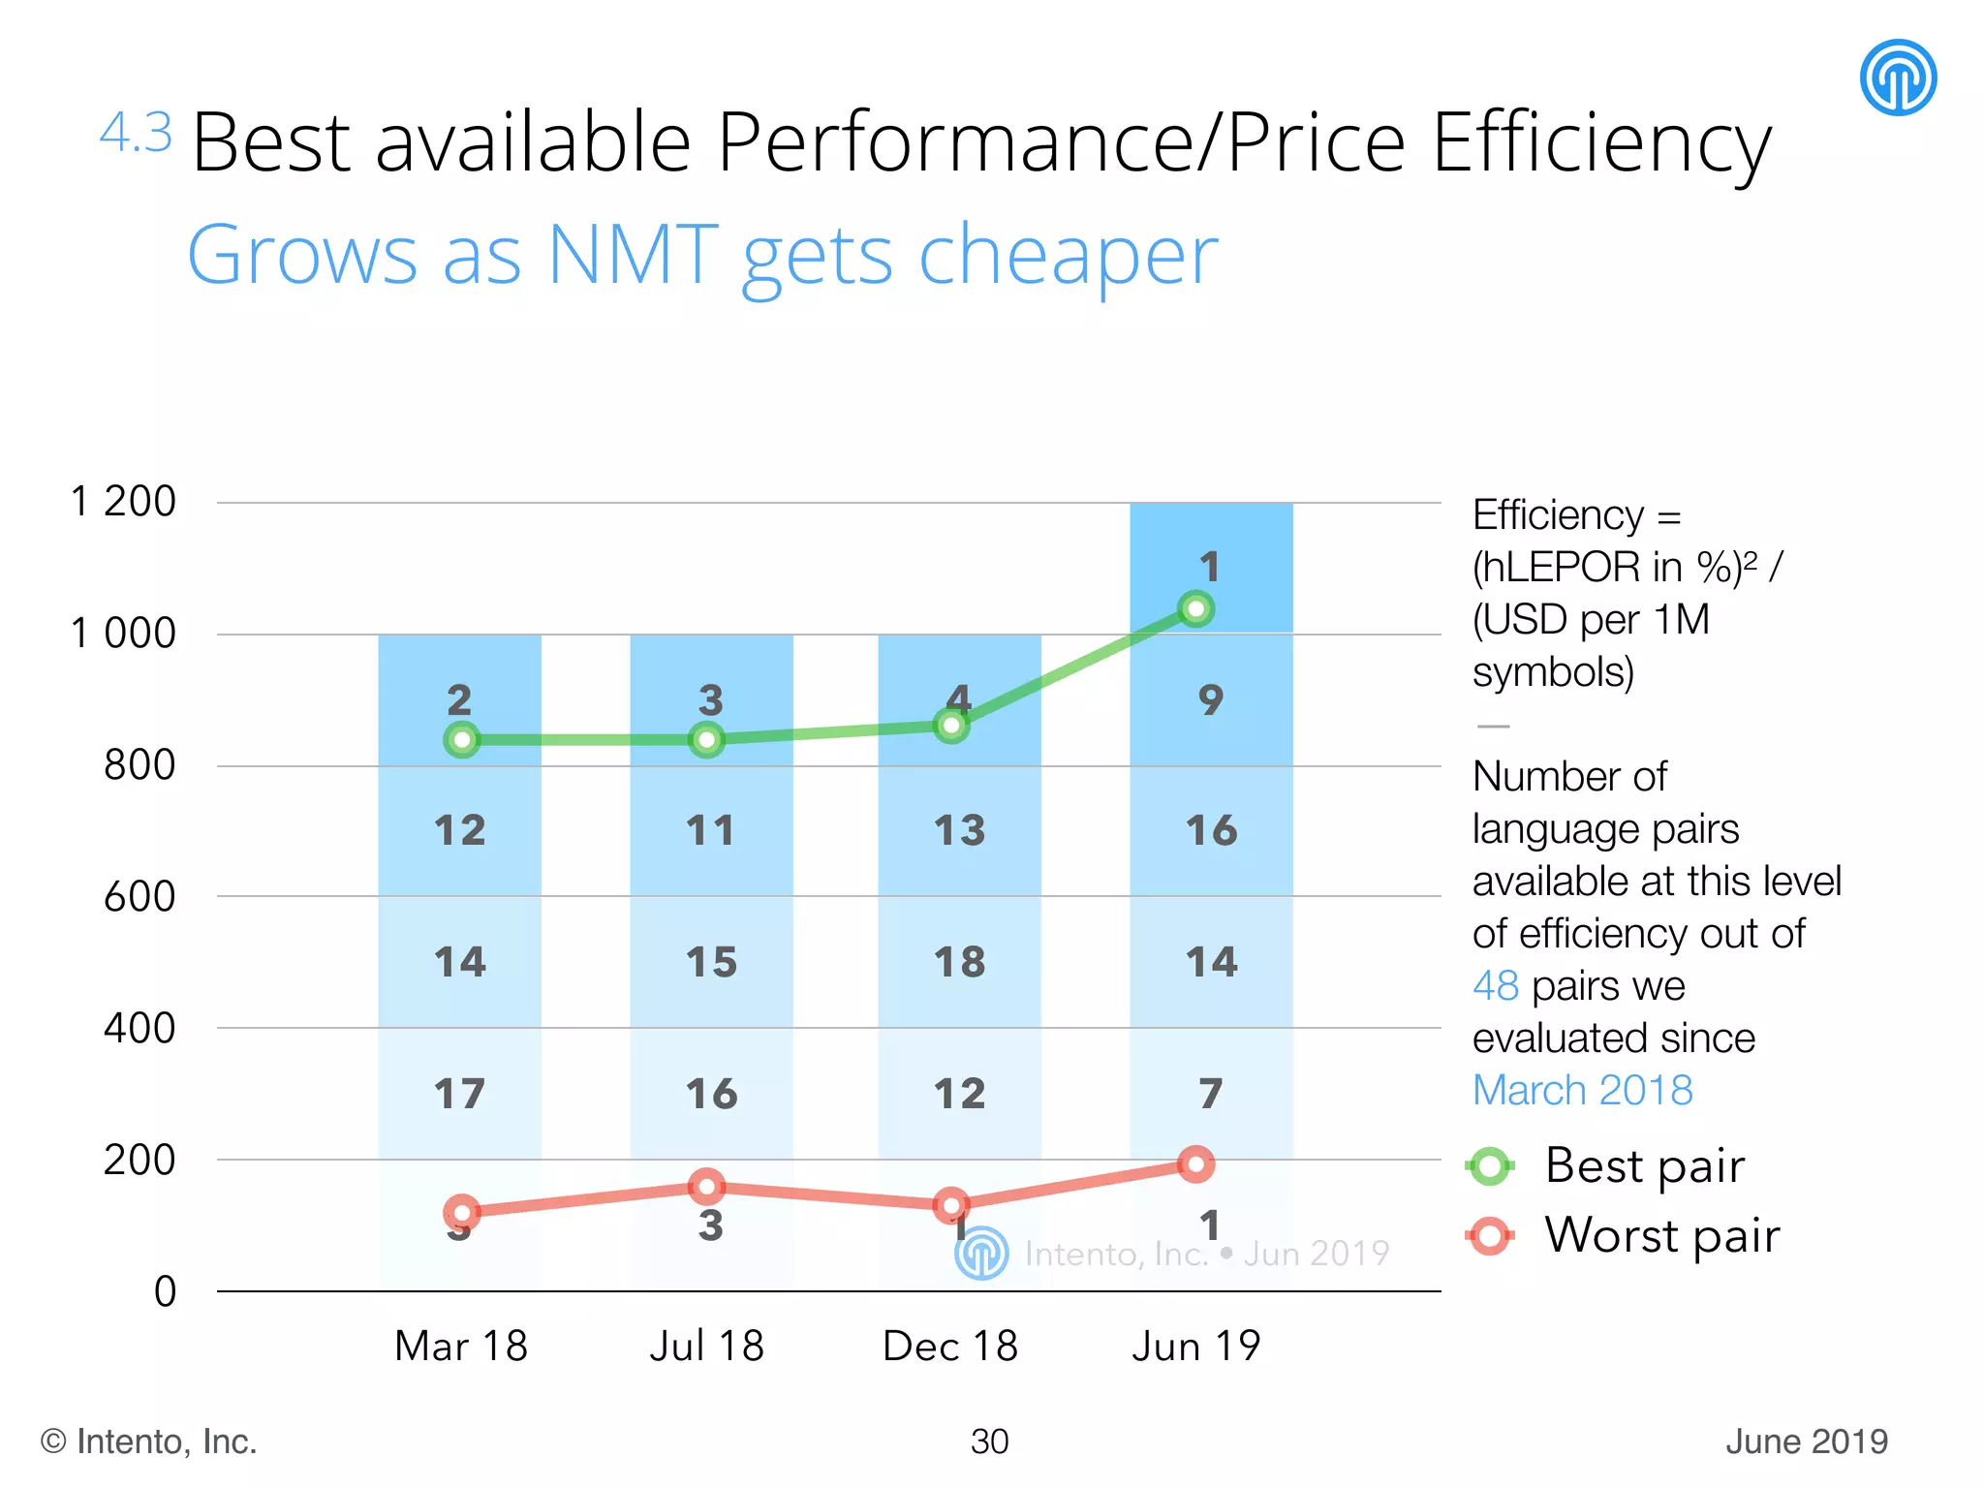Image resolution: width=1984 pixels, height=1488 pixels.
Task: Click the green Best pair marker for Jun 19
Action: pyautogui.click(x=1195, y=609)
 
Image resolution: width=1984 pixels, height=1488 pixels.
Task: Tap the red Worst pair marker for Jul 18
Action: pyautogui.click(x=706, y=1186)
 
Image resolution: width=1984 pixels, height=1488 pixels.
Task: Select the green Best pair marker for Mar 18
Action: pyautogui.click(x=462, y=740)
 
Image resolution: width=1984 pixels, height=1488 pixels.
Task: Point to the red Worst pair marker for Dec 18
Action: pyautogui.click(x=951, y=1206)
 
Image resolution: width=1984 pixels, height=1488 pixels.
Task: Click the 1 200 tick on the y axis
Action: pyautogui.click(x=123, y=502)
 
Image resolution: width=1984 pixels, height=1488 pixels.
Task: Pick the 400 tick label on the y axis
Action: pyautogui.click(x=139, y=1028)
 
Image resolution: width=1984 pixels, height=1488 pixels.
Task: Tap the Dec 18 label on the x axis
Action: pyautogui.click(x=949, y=1346)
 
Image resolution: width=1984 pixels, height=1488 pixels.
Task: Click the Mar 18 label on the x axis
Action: pyautogui.click(x=461, y=1346)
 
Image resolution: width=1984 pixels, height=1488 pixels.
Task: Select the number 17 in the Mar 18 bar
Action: pyautogui.click(x=459, y=1094)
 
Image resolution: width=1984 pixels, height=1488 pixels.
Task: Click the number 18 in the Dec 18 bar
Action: pyautogui.click(x=959, y=962)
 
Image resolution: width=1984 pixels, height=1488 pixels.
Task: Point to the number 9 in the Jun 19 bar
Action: pyautogui.click(x=1211, y=699)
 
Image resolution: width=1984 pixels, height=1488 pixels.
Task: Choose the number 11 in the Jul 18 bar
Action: pyautogui.click(x=710, y=830)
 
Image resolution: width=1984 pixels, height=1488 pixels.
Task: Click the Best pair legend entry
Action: pyautogui.click(x=1644, y=1165)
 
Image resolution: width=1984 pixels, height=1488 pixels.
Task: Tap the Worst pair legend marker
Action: pyautogui.click(x=1490, y=1236)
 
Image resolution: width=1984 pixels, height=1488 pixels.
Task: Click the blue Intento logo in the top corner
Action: pyautogui.click(x=1898, y=77)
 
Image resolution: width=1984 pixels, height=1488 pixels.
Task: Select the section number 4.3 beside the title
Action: pyautogui.click(x=136, y=133)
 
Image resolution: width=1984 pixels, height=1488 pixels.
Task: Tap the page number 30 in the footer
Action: pyautogui.click(x=989, y=1441)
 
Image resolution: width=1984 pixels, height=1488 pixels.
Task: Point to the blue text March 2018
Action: pyautogui.click(x=1582, y=1091)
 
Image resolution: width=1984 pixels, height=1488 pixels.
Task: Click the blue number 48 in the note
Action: pyautogui.click(x=1495, y=986)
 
